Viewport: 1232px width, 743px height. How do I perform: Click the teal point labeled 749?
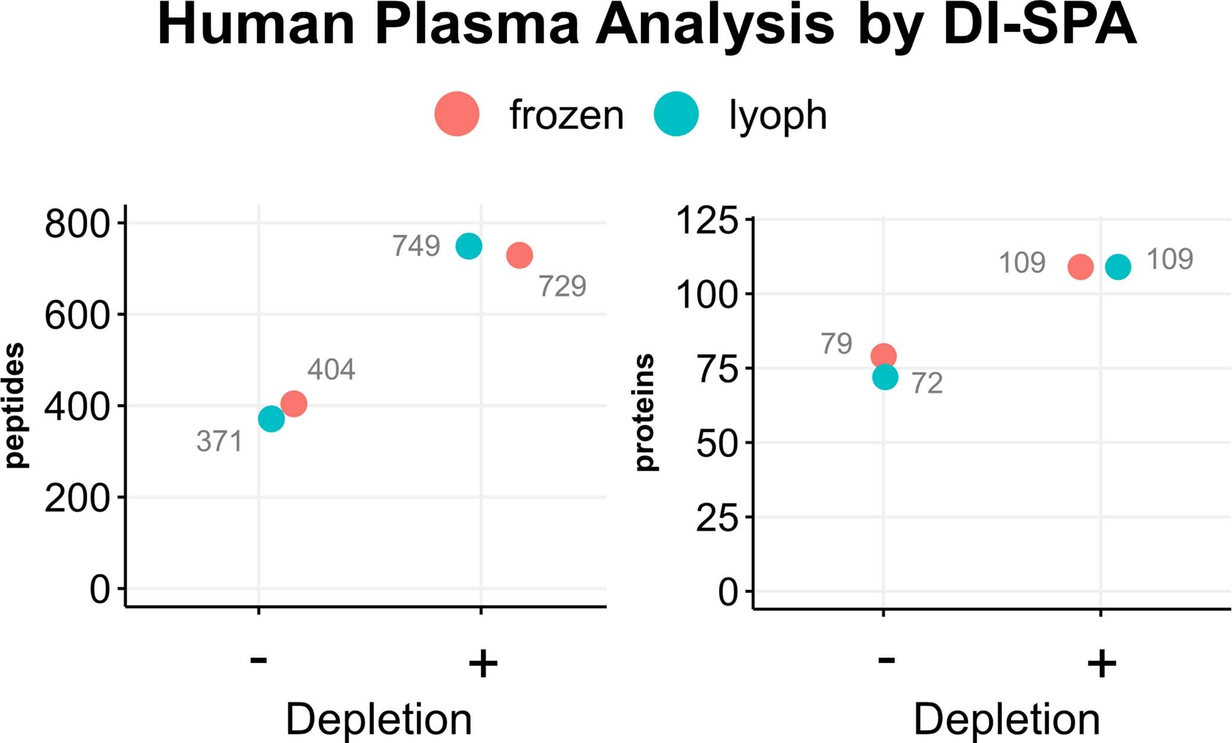tap(469, 246)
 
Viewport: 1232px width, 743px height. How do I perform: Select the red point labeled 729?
tap(519, 255)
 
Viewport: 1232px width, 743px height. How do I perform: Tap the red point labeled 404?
tap(294, 404)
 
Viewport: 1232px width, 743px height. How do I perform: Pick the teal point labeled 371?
tap(271, 419)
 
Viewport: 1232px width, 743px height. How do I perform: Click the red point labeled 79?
tap(884, 356)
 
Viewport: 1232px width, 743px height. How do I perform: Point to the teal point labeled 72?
tap(885, 377)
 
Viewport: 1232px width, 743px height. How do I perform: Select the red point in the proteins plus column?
tap(1080, 267)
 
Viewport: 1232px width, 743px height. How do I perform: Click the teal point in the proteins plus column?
tap(1118, 266)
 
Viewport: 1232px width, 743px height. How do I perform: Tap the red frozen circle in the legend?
tap(456, 114)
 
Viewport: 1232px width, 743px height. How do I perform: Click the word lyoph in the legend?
tap(777, 115)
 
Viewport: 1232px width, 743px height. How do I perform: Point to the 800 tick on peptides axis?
tap(78, 224)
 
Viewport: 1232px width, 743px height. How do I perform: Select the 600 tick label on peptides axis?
tap(78, 315)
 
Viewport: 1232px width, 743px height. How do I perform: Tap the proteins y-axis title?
tap(644, 412)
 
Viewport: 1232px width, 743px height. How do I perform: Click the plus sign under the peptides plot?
tap(482, 663)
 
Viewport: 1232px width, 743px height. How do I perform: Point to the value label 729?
tap(562, 287)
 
